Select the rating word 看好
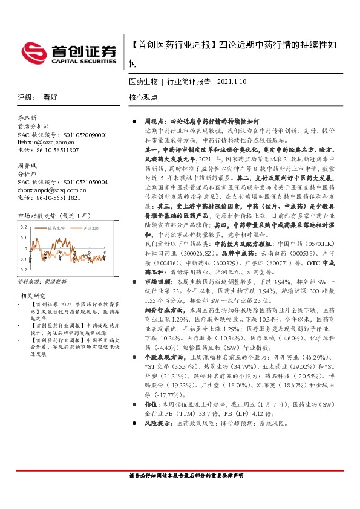click(50, 97)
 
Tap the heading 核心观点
click(143, 97)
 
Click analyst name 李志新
click(27, 118)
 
